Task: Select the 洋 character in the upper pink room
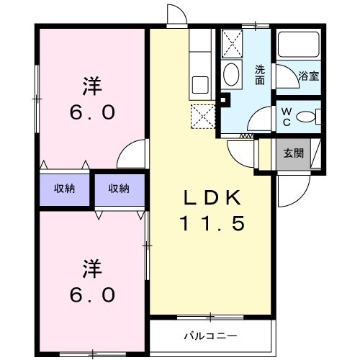(91, 88)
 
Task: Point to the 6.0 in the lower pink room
(91, 295)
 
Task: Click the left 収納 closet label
(66, 189)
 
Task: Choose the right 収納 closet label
(119, 189)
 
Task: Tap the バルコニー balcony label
(210, 336)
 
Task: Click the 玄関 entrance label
(292, 153)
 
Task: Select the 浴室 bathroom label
(309, 74)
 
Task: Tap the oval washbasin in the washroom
(232, 74)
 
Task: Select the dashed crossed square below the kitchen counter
(203, 115)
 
